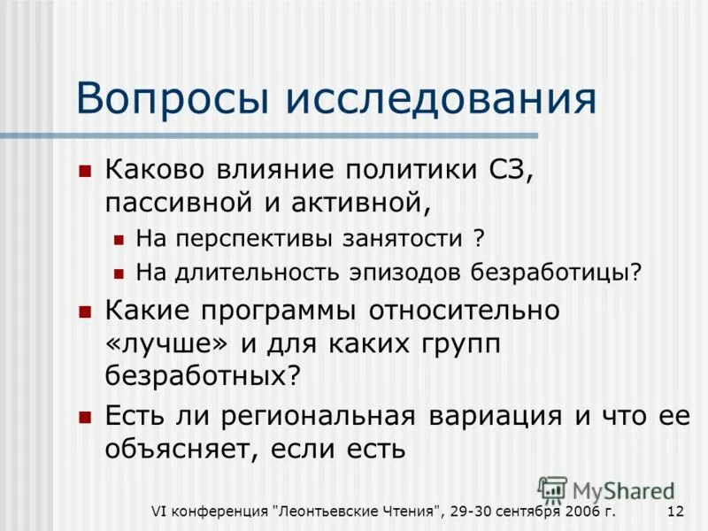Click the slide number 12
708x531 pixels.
(x=675, y=512)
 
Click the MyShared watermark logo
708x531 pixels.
(x=607, y=490)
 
